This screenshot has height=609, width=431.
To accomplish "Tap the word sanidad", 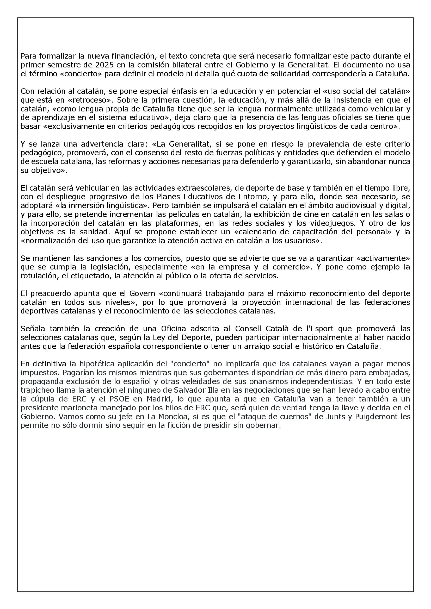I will coord(94,232).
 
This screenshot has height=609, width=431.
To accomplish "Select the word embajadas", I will coord(393,372).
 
